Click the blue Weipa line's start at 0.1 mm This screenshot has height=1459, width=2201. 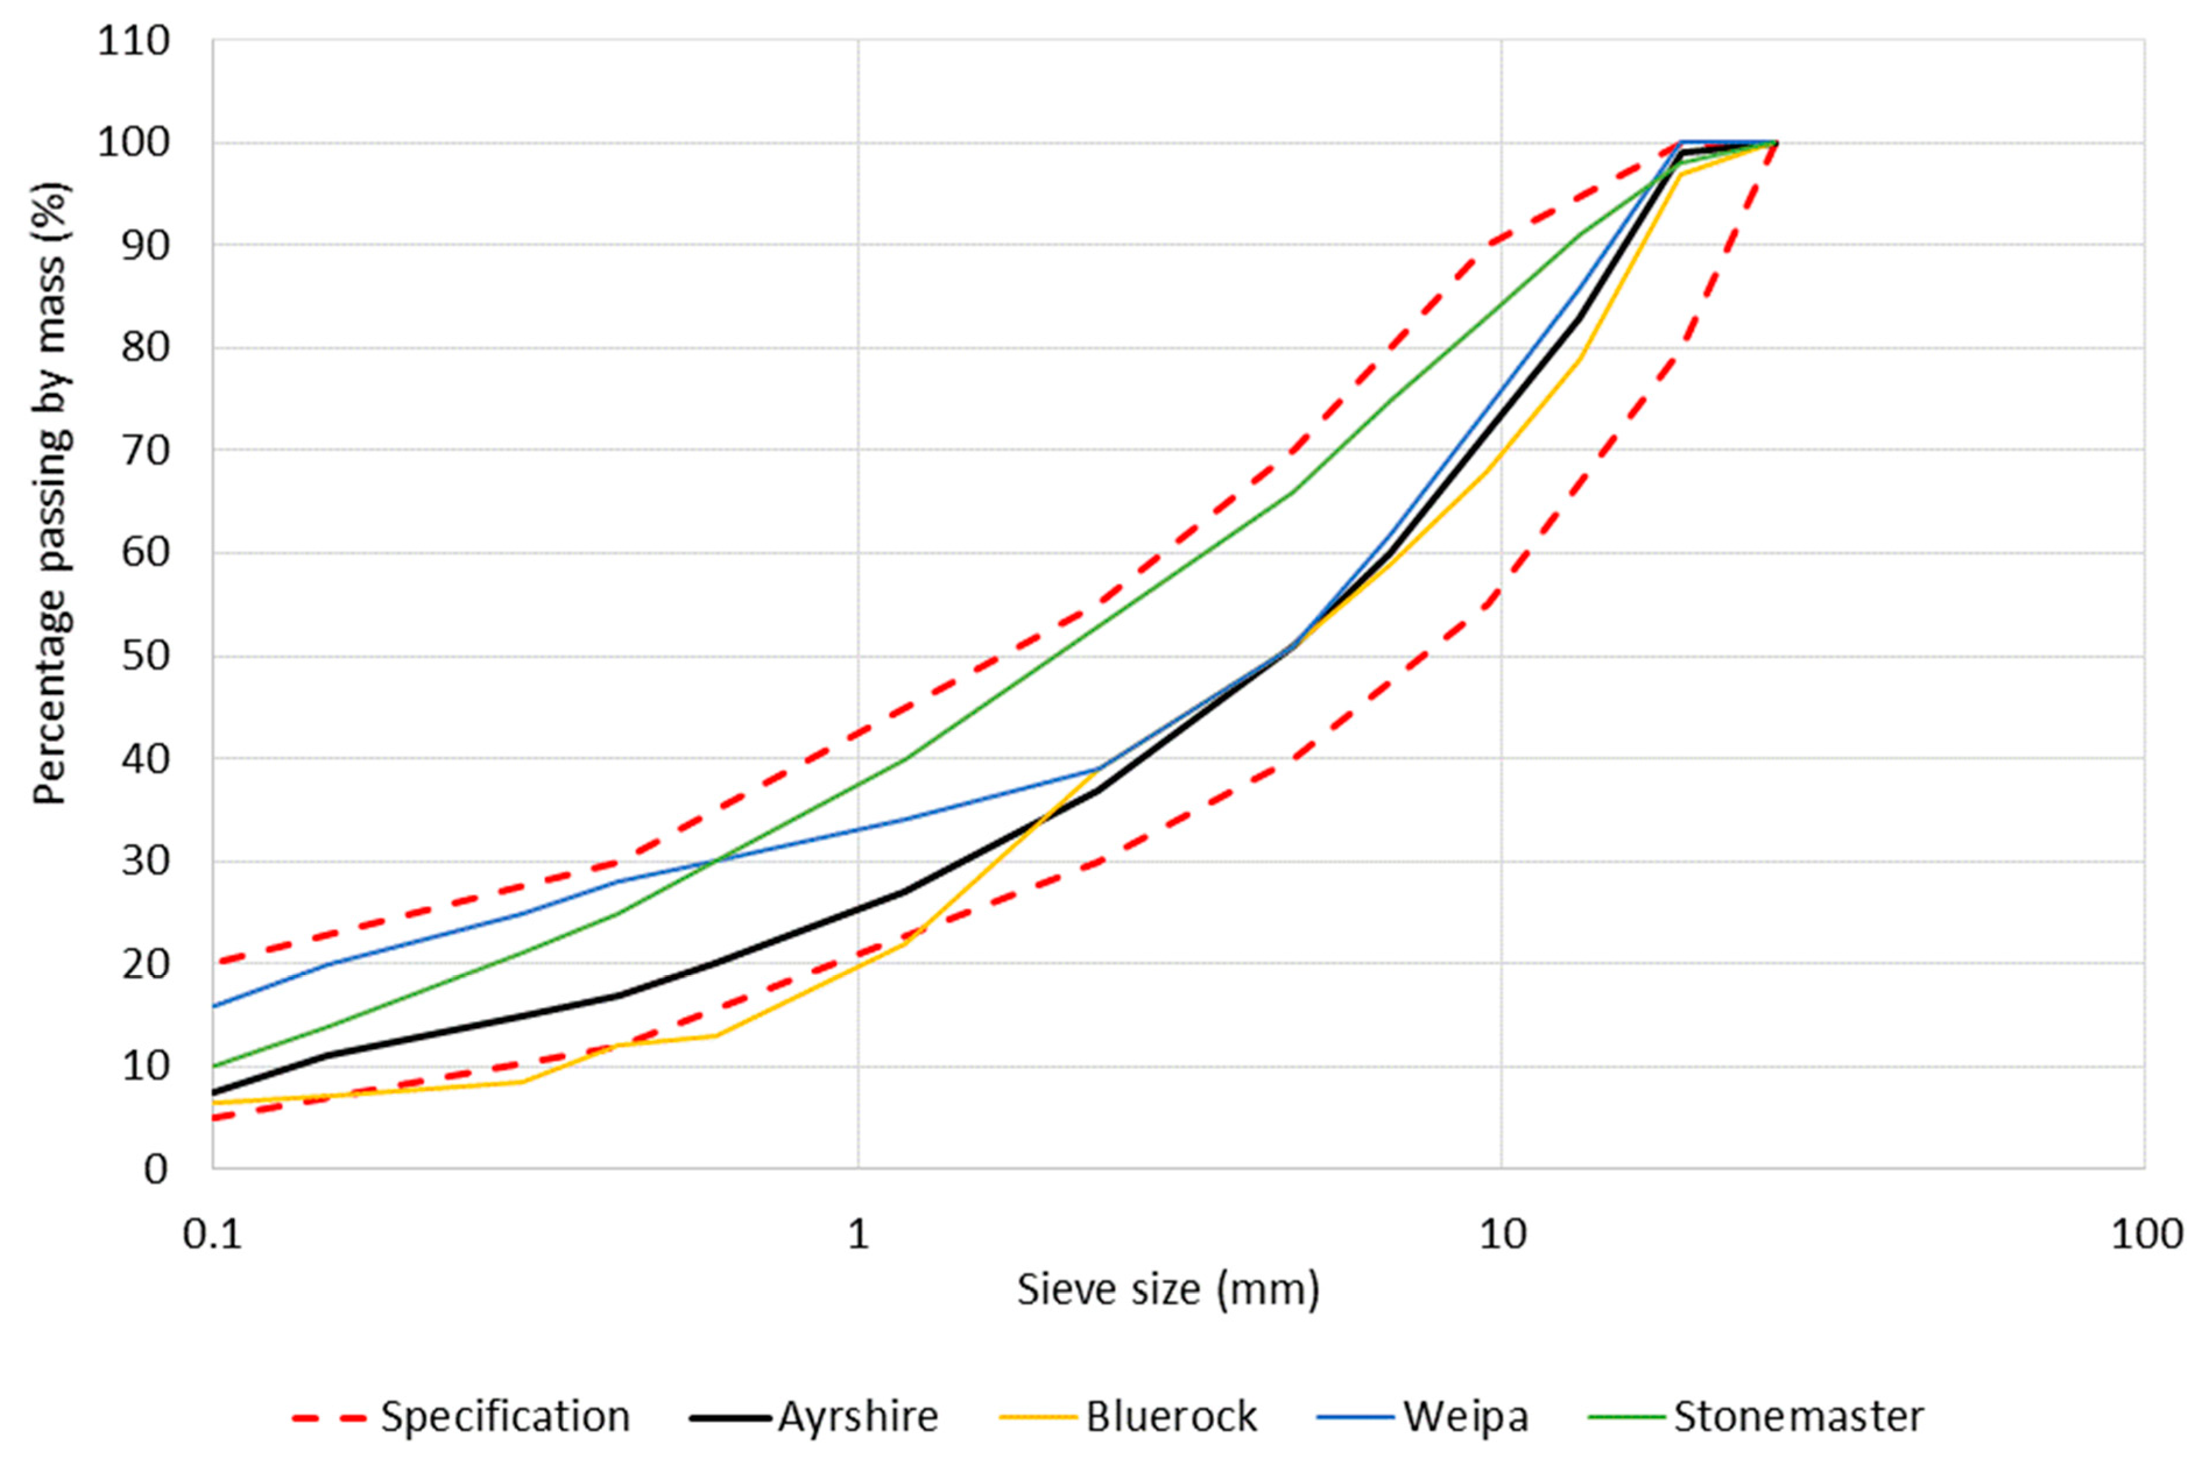pyautogui.click(x=214, y=1006)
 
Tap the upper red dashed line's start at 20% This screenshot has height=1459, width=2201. pyautogui.click(x=214, y=962)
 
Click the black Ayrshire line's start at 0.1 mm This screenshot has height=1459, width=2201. pyautogui.click(x=214, y=1092)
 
